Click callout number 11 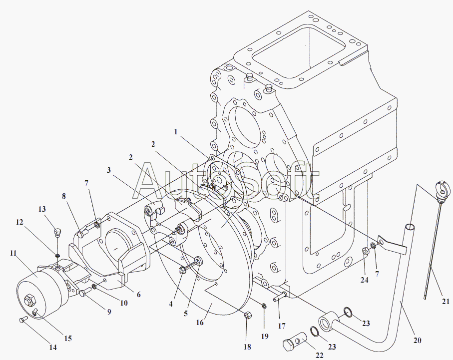13,253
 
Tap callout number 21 446,302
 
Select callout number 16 200,323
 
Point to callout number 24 365,280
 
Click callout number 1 175,132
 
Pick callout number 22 320,356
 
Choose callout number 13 42,209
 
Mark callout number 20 417,341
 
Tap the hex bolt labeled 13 57,232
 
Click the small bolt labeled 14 22,319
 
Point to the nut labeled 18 247,316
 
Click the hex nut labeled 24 365,251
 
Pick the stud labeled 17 279,297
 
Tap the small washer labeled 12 57,256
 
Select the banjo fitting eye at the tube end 327,321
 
